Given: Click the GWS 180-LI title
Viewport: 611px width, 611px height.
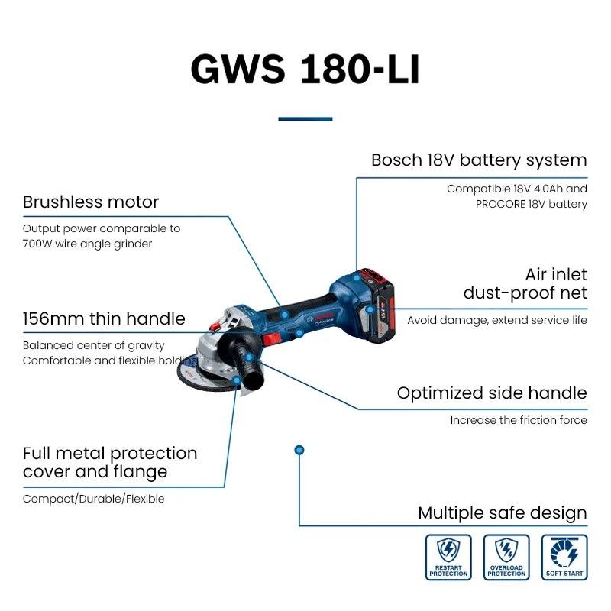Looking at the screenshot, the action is click(x=305, y=69).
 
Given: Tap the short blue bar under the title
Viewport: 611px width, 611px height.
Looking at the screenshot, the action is click(x=305, y=119).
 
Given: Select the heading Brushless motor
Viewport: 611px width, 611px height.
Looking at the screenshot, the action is click(x=91, y=202).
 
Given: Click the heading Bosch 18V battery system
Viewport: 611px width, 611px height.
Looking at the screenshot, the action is click(x=479, y=160).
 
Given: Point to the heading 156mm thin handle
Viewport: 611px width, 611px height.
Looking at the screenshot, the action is click(x=104, y=318).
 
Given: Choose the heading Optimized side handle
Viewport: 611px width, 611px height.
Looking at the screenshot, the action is click(x=492, y=393).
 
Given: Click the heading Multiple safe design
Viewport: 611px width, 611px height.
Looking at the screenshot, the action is click(x=503, y=513).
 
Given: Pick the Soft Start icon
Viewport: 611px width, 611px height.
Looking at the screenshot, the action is click(x=564, y=557).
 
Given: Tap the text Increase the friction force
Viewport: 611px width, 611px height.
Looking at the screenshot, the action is click(x=519, y=420).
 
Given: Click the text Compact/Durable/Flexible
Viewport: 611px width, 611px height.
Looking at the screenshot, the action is click(x=93, y=499).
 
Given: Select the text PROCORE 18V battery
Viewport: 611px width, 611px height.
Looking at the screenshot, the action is click(x=531, y=204).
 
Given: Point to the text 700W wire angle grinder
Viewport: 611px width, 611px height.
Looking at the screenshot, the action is click(x=87, y=244).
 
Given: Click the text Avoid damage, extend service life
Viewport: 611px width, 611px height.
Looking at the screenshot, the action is click(x=497, y=320).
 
